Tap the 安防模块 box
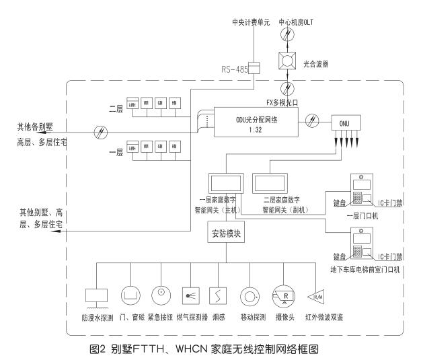tap(225, 236)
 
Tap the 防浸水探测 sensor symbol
tap(98, 294)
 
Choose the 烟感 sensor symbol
tap(217, 294)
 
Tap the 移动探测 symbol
tap(250, 294)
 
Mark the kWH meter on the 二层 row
tap(132, 105)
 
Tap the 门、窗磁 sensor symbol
tap(130, 294)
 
